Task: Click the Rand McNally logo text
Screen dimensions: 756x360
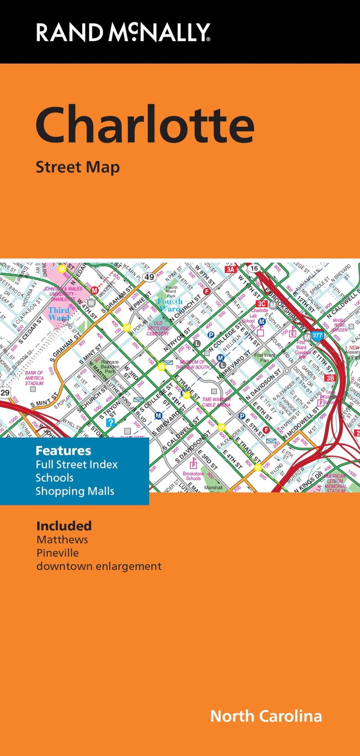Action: point(123,33)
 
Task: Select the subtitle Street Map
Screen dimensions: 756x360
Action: point(77,167)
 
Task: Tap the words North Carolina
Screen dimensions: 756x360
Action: point(266,716)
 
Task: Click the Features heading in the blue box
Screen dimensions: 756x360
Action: point(63,450)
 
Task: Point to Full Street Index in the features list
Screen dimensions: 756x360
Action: point(77,464)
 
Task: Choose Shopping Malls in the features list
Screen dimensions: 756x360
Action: point(75,491)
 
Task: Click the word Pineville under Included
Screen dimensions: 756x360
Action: point(58,553)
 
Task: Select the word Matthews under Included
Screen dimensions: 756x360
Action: point(62,540)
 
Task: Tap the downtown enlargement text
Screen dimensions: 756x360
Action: point(99,566)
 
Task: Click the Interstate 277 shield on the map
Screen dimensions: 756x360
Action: point(317,336)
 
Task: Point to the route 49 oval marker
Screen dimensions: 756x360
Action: point(150,277)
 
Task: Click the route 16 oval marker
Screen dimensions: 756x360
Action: point(254,268)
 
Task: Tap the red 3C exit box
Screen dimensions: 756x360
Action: point(261,304)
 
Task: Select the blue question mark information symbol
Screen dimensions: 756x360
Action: point(111,422)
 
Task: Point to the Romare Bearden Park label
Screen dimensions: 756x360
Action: point(110,367)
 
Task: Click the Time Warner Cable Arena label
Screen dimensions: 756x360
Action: point(216,402)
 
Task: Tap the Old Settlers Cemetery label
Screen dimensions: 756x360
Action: point(158,328)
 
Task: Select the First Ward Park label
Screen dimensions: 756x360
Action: point(265,357)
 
